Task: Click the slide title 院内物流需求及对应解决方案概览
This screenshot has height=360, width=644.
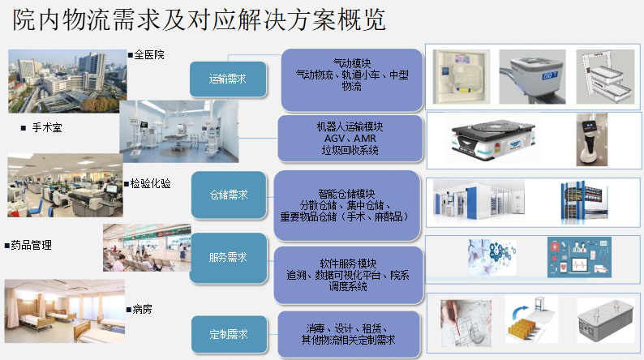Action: point(200,19)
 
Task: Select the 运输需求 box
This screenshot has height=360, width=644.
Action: point(228,79)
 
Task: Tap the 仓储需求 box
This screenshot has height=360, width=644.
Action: point(229,195)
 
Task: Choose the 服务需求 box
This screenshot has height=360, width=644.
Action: point(229,258)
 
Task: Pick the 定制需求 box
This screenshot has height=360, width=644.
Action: point(230,334)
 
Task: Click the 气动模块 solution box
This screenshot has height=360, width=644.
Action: point(352,80)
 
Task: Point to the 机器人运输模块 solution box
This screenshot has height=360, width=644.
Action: point(350,139)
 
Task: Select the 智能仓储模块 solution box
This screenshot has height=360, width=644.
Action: point(346,205)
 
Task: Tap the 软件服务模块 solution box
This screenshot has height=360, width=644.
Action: point(348,275)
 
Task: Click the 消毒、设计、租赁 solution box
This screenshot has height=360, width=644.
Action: point(349,334)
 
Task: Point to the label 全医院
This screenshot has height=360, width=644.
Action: point(146,54)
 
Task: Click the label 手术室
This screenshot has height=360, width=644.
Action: point(41,127)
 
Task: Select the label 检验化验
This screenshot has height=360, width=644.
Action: point(148,183)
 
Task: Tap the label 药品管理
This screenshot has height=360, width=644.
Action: point(28,245)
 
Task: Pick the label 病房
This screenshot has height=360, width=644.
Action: point(140,309)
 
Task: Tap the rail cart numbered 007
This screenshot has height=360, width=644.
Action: point(532,77)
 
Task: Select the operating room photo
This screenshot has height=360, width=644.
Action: point(179,131)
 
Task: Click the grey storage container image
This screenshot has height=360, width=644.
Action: point(606,321)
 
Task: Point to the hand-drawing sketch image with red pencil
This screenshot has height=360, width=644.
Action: point(466,323)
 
